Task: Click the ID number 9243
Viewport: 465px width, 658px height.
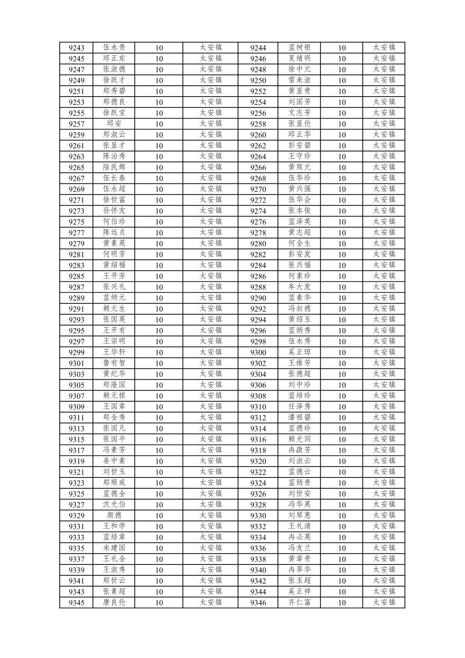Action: coord(77,48)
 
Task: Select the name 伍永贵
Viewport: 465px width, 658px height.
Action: coord(114,48)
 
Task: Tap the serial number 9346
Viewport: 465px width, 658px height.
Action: coord(258,603)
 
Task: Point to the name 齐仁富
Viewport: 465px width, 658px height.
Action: coord(300,602)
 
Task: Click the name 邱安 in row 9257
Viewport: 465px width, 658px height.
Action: coord(114,124)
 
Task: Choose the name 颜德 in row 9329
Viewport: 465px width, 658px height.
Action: coord(114,515)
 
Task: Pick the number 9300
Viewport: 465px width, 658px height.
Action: coord(258,352)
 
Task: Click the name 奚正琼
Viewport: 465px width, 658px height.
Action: coord(300,352)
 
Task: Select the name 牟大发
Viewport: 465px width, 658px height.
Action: coord(300,287)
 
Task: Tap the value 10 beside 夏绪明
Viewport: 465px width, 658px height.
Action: coord(342,59)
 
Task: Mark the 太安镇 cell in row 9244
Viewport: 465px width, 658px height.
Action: coord(384,48)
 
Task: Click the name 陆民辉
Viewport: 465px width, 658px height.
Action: coord(114,167)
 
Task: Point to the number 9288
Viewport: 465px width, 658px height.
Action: coord(258,287)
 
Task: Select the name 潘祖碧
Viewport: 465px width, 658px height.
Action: coord(300,417)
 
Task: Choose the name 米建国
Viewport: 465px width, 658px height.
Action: coord(114,548)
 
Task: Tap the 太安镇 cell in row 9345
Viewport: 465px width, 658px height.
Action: coord(210,602)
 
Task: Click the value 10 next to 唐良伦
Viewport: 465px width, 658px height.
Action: coord(159,603)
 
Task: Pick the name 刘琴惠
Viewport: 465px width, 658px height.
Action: coord(300,515)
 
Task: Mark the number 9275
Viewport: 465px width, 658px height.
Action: coord(77,222)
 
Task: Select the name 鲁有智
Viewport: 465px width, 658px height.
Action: coord(114,363)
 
